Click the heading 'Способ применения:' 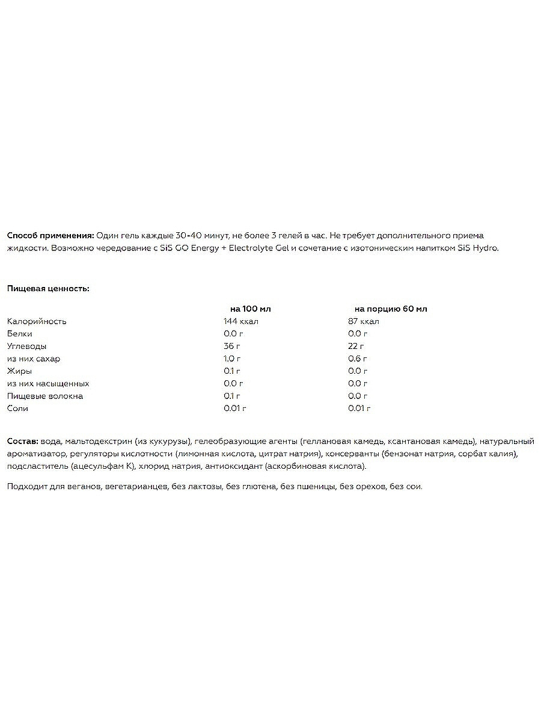pyautogui.click(x=50, y=235)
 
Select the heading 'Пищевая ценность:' pyautogui.click(x=48, y=288)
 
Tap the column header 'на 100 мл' pyautogui.click(x=251, y=309)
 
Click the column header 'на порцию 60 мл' pyautogui.click(x=391, y=309)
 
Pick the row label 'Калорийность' pyautogui.click(x=37, y=321)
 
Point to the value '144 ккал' pyautogui.click(x=240, y=321)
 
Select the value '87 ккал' pyautogui.click(x=363, y=321)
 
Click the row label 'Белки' pyautogui.click(x=20, y=333)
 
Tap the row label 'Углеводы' pyautogui.click(x=27, y=346)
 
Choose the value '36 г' pyautogui.click(x=232, y=346)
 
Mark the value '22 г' pyautogui.click(x=356, y=346)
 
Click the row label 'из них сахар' pyautogui.click(x=34, y=359)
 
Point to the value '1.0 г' pyautogui.click(x=233, y=359)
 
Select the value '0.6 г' pyautogui.click(x=358, y=359)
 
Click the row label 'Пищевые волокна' pyautogui.click(x=45, y=396)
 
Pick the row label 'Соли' pyautogui.click(x=18, y=409)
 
